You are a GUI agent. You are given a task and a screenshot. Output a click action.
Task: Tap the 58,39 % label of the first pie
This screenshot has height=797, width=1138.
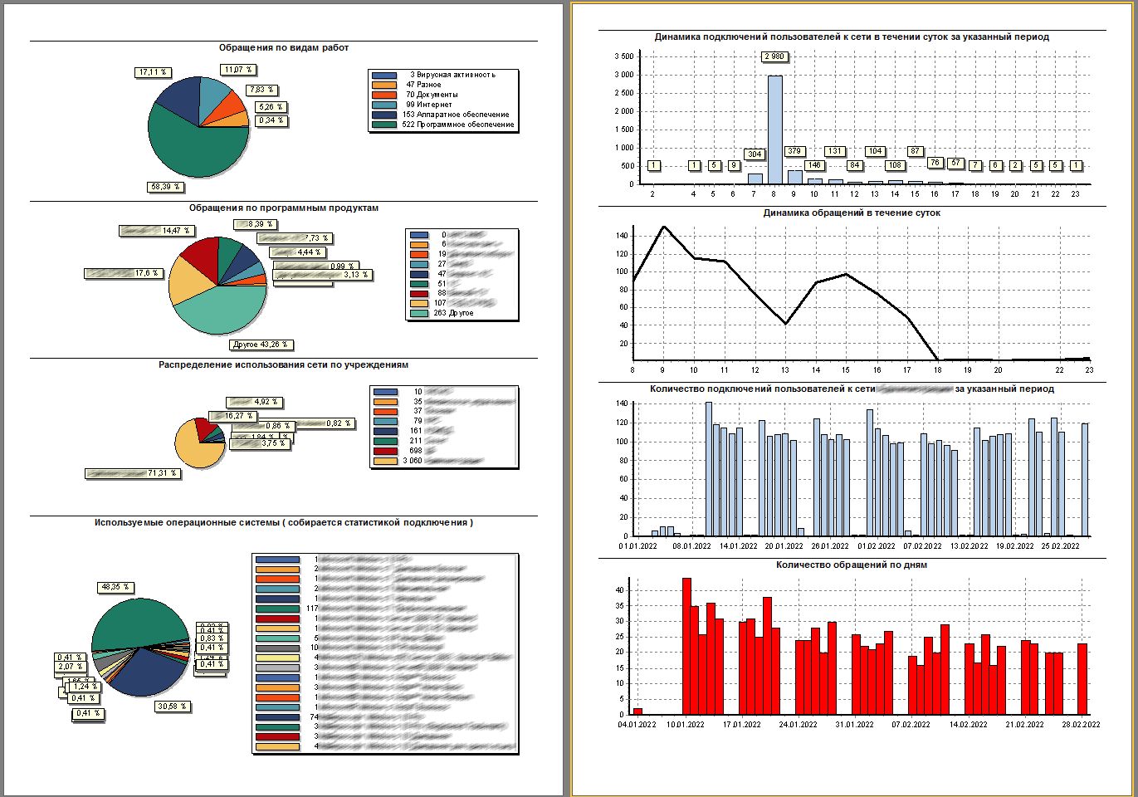point(165,187)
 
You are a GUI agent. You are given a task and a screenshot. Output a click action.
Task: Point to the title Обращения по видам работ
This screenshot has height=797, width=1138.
point(284,48)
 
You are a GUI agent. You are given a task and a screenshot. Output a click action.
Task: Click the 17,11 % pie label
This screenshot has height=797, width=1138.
point(153,72)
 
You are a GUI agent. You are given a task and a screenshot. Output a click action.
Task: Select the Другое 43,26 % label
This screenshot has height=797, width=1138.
point(261,344)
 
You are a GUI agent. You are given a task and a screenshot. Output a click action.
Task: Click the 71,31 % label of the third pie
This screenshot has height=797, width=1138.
point(161,473)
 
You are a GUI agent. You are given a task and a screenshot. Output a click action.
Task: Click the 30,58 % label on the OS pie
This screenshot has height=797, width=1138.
point(173,707)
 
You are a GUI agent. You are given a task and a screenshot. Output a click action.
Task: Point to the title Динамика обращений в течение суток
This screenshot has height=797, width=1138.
point(852,213)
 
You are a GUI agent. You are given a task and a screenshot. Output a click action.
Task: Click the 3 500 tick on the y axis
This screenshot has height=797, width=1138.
point(623,56)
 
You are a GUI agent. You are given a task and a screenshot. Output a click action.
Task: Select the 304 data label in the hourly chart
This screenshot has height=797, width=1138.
point(754,154)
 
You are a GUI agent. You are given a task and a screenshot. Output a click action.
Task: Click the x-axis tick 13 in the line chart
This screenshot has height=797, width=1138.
point(785,370)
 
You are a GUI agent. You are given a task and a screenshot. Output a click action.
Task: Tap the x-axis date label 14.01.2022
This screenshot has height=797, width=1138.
point(737,546)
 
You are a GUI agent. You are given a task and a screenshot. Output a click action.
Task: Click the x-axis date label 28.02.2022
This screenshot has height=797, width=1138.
point(1080,724)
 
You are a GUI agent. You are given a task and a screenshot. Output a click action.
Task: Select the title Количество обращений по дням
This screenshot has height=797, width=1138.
point(852,565)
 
